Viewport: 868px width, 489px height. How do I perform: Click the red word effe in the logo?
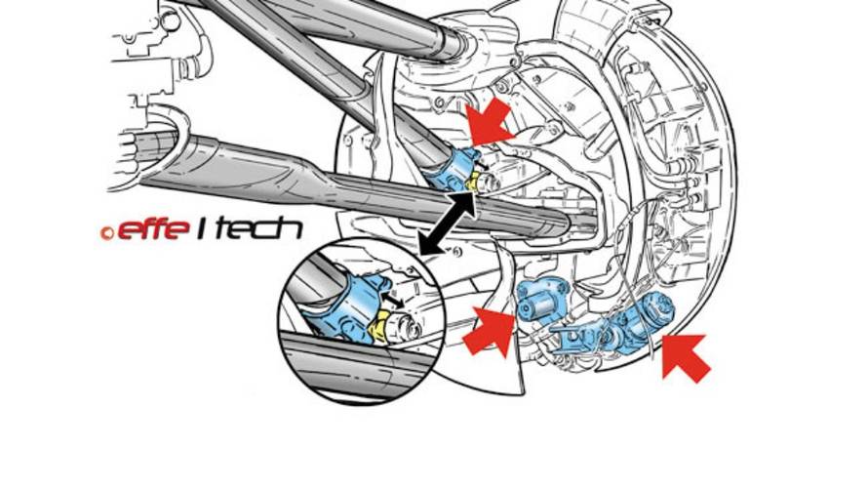tap(151, 229)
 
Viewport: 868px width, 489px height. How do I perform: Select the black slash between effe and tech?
tap(202, 229)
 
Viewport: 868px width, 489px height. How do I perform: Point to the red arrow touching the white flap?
tap(490, 331)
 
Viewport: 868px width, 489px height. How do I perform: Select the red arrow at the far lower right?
tap(686, 357)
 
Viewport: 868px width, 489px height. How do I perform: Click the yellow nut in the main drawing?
tap(473, 180)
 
